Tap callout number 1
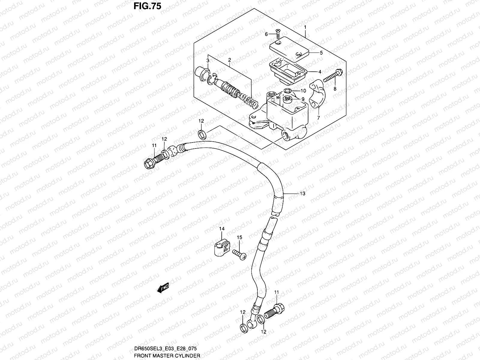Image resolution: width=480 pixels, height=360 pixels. [305, 27]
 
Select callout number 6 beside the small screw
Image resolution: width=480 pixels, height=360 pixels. [266, 34]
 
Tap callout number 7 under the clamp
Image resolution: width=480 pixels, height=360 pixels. [319, 118]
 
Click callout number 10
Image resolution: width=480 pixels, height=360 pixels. [303, 91]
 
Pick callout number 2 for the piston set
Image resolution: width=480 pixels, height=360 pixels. [229, 60]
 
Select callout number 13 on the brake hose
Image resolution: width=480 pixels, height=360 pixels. [302, 193]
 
